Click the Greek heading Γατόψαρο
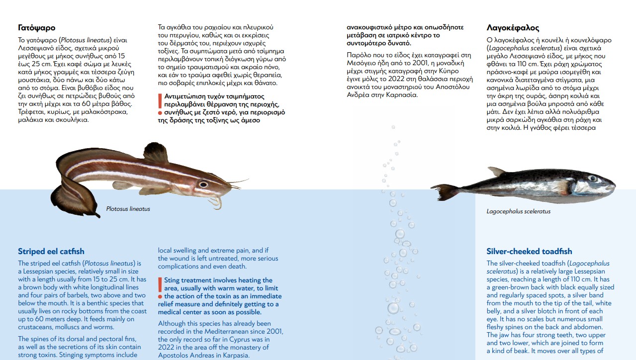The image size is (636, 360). pos(36,28)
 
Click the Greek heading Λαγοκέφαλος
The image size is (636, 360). pos(513,28)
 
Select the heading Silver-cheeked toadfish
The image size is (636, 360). pos(529,252)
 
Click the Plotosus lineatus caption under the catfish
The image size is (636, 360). pos(128,209)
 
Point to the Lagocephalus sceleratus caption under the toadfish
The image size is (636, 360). pos(518,211)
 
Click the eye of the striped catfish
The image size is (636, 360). pos(203,184)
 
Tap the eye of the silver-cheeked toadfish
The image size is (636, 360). pos(592,178)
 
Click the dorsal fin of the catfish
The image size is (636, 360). pos(156,152)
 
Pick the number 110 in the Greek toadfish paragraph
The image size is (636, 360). pos(539,64)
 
